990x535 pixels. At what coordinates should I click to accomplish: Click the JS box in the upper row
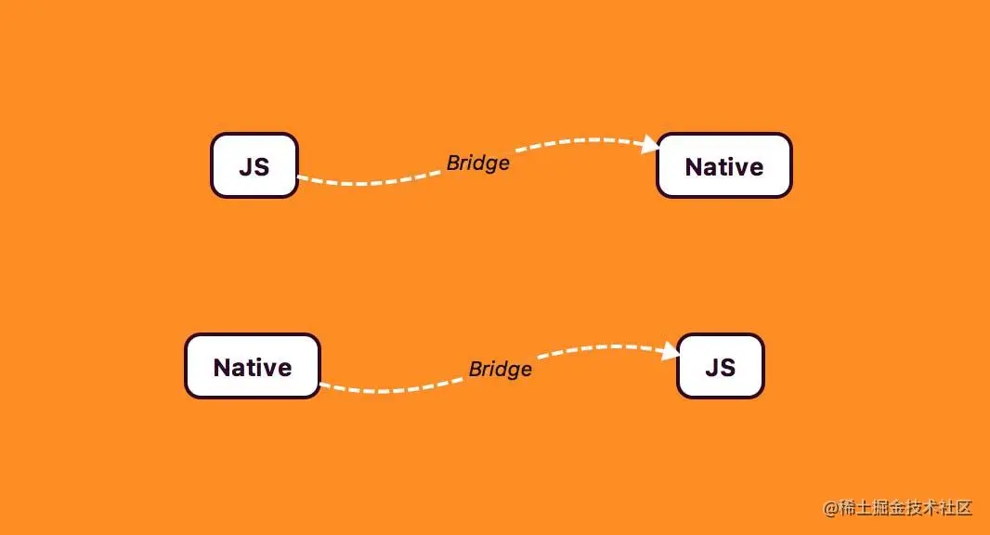pyautogui.click(x=254, y=165)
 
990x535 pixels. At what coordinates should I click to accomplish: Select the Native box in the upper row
pyautogui.click(x=723, y=165)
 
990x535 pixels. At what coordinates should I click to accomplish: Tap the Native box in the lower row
pyautogui.click(x=252, y=366)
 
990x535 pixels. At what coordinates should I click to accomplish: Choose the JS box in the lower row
pyautogui.click(x=720, y=366)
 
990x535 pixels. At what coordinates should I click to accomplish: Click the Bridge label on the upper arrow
pyautogui.click(x=477, y=163)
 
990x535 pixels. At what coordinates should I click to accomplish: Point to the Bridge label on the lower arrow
pyautogui.click(x=500, y=369)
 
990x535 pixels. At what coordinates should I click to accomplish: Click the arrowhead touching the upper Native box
pyautogui.click(x=650, y=145)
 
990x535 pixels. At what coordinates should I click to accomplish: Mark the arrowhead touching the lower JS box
pyautogui.click(x=671, y=351)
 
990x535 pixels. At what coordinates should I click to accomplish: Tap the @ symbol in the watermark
pyautogui.click(x=831, y=508)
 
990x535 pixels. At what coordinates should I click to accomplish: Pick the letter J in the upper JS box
pyautogui.click(x=246, y=167)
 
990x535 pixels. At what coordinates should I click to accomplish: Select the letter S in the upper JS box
pyautogui.click(x=261, y=167)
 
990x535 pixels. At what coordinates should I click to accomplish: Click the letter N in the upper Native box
pyautogui.click(x=694, y=167)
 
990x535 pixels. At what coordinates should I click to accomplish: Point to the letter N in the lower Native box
pyautogui.click(x=222, y=368)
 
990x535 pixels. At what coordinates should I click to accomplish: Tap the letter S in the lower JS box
pyautogui.click(x=727, y=368)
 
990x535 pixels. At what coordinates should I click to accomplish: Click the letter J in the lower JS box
pyautogui.click(x=712, y=368)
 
